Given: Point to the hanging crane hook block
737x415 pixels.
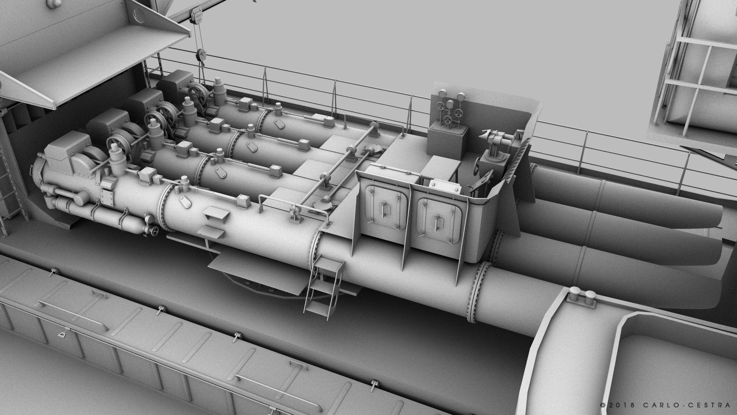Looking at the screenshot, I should [x=200, y=56].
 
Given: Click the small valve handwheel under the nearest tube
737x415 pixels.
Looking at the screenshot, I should [x=155, y=231].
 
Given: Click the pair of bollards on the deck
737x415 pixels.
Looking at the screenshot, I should [x=582, y=294].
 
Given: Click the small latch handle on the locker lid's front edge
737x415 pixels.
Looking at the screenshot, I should [x=61, y=334].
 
